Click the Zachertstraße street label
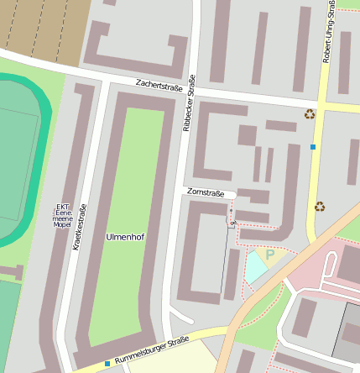click(x=159, y=87)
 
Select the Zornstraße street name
click(x=206, y=194)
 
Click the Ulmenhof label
click(x=125, y=237)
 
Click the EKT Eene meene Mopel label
click(x=62, y=216)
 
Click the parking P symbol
click(x=269, y=254)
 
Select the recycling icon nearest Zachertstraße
click(x=310, y=114)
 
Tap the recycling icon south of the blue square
click(x=319, y=206)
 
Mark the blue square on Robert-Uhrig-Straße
click(x=313, y=147)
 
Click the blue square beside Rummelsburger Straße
click(x=107, y=363)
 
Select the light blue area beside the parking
click(x=254, y=268)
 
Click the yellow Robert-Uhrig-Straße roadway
click(x=316, y=176)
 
